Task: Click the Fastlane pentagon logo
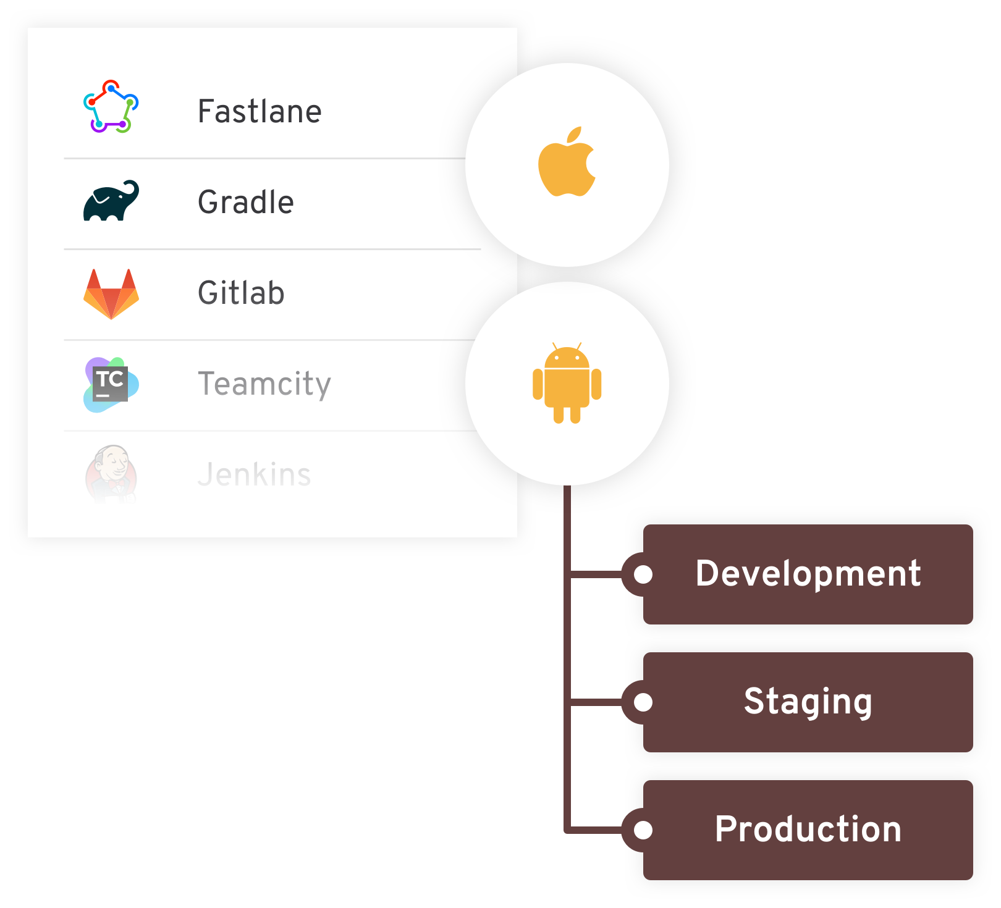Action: point(111,107)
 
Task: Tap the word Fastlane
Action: point(260,112)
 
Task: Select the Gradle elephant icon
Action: point(111,201)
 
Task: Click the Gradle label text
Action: point(245,202)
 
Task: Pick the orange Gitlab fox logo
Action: point(111,294)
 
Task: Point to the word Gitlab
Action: point(241,293)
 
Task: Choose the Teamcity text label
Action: point(264,384)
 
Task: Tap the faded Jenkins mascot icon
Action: point(111,474)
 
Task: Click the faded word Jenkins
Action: point(254,474)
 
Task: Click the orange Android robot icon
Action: point(567,384)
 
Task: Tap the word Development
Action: point(808,574)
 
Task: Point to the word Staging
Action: point(808,702)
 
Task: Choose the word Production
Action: point(808,829)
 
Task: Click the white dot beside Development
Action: point(643,574)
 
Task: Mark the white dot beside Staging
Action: point(643,702)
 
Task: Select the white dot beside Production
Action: point(643,830)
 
